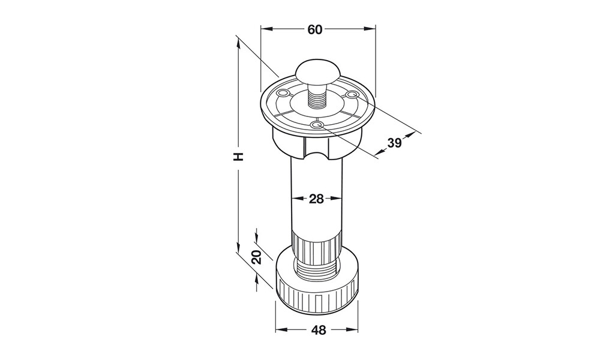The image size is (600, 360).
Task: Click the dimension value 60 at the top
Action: (315, 29)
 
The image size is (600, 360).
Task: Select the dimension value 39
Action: (394, 143)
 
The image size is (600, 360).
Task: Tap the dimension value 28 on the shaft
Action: (316, 199)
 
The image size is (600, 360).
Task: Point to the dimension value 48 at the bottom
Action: (319, 330)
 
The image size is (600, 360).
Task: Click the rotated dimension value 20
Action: (257, 257)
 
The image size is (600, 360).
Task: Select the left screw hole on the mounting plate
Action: (284, 93)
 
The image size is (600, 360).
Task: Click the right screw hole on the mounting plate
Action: (351, 94)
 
